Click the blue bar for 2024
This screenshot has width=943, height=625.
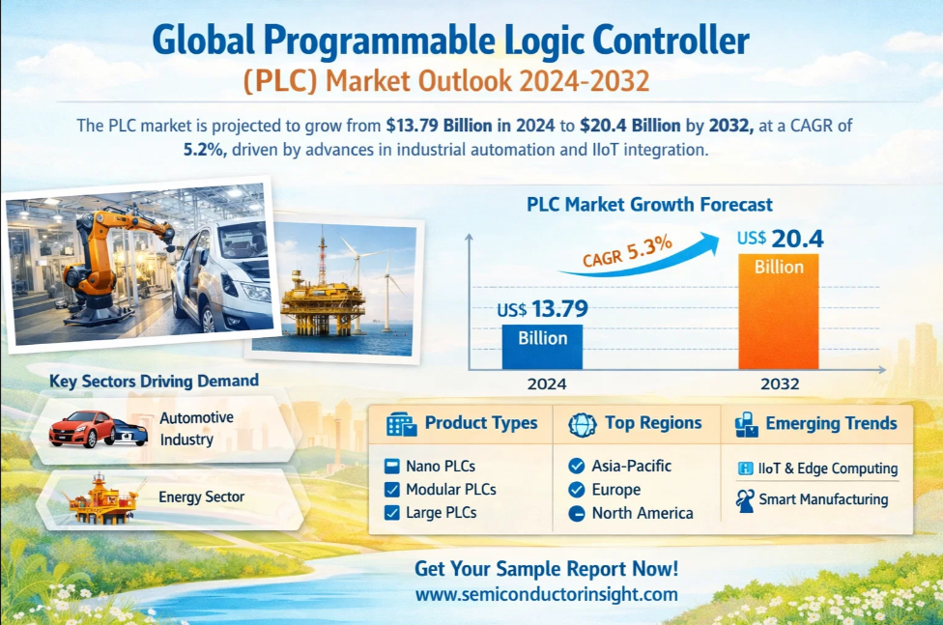542,347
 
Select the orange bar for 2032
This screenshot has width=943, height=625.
778,311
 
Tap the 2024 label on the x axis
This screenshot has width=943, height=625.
547,384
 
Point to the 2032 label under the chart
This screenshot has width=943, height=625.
780,384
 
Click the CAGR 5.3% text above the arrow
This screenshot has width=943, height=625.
627,251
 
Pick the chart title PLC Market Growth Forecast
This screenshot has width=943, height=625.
649,205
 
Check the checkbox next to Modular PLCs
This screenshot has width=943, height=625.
392,490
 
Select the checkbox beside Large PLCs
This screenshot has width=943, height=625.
392,513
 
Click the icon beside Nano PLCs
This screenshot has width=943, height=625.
392,467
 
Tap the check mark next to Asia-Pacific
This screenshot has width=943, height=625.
577,467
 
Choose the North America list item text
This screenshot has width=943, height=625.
643,513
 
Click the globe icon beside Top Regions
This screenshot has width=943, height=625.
583,425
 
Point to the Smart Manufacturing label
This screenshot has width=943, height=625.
823,499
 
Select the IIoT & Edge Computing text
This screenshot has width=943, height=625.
827,469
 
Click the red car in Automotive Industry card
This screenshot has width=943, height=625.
82,429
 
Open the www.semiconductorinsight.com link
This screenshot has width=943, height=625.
546,595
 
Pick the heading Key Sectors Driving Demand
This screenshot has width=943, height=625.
154,382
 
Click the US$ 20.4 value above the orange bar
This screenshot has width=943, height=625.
780,239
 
